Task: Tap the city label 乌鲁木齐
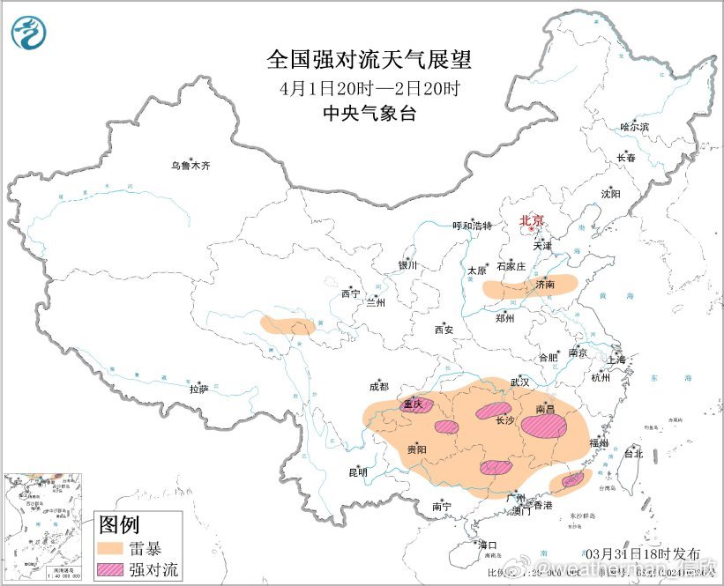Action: (191, 165)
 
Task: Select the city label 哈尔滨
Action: (633, 127)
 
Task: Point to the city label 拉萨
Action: (199, 388)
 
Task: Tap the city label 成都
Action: (379, 386)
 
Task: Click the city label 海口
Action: (487, 544)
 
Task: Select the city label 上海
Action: (616, 360)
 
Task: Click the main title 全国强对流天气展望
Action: (369, 60)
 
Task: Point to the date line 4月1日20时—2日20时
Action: (369, 88)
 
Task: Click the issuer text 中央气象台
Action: (369, 114)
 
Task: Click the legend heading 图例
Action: (118, 525)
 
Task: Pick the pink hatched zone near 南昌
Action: (544, 427)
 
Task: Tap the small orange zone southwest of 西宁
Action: (287, 325)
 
